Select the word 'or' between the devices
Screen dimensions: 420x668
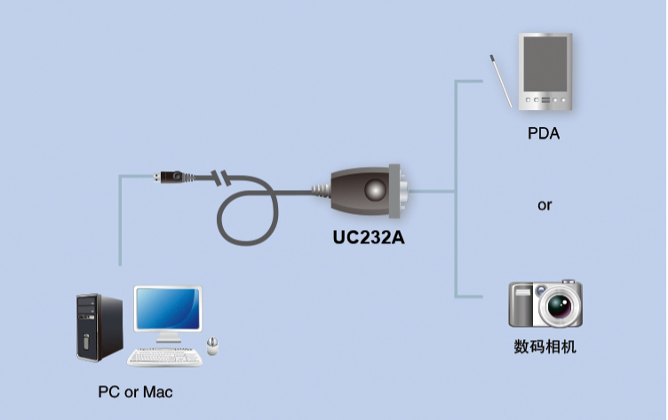pyautogui.click(x=545, y=205)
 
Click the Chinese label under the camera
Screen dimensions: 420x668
pyautogui.click(x=545, y=346)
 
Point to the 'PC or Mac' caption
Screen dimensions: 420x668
pyautogui.click(x=136, y=391)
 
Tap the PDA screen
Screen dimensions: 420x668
pyautogui.click(x=545, y=64)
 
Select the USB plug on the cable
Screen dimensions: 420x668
pyautogui.click(x=170, y=176)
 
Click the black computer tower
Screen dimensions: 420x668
pyautogui.click(x=99, y=328)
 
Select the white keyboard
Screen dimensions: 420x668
pyautogui.click(x=165, y=356)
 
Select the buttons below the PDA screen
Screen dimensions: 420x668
pyautogui.click(x=545, y=100)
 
